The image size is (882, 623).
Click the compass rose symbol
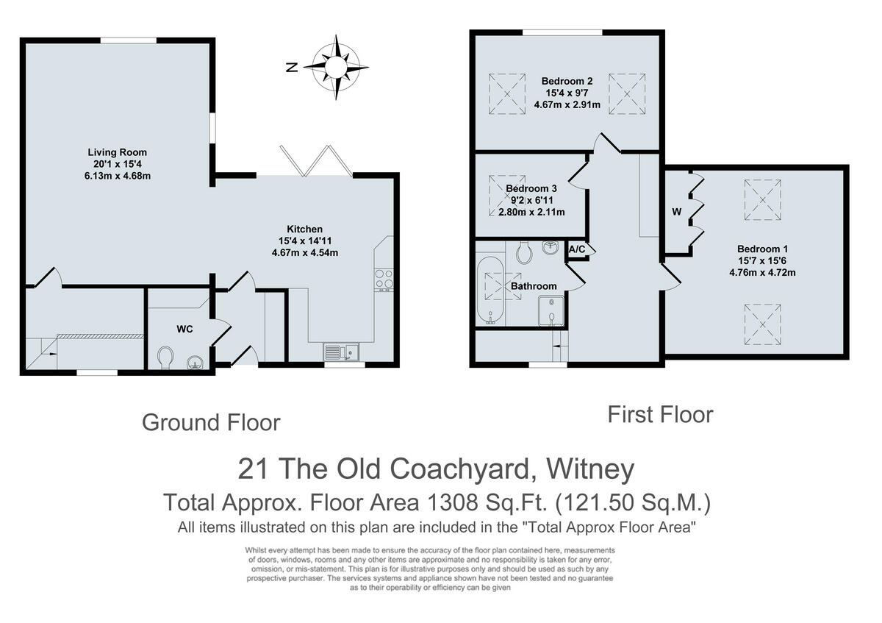tap(336, 67)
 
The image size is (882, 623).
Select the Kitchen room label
tap(304, 229)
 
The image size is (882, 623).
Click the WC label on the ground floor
tap(184, 329)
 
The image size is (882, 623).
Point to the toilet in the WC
tap(166, 358)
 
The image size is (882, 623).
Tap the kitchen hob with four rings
tap(384, 280)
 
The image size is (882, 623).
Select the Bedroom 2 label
tap(567, 81)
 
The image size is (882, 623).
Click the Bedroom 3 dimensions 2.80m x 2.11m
tap(526, 213)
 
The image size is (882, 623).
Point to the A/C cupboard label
tap(577, 249)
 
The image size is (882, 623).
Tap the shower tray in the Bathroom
tap(552, 310)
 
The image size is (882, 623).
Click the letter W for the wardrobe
tap(676, 213)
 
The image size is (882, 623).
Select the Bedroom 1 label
tap(756, 249)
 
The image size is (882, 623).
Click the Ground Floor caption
tap(211, 422)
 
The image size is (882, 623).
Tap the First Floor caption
tap(660, 414)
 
